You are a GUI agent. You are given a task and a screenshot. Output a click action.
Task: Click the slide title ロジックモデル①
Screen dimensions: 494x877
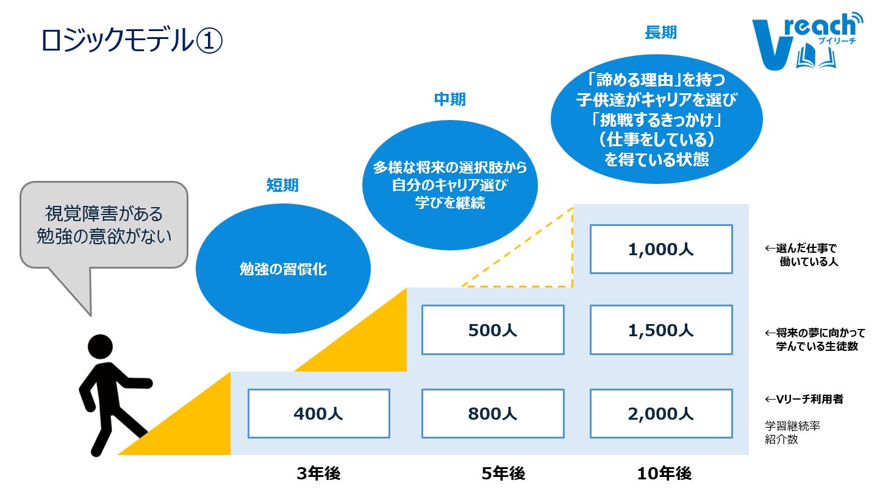[132, 41]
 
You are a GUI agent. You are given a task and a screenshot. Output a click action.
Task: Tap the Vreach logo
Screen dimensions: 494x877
[806, 42]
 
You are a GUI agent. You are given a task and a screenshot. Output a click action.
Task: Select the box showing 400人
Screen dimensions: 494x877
[318, 414]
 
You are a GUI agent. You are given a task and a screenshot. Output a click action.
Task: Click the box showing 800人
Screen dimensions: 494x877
[493, 414]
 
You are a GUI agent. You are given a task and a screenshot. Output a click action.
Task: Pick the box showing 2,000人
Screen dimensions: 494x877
[660, 414]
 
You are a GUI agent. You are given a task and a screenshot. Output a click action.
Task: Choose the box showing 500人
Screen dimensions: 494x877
[493, 330]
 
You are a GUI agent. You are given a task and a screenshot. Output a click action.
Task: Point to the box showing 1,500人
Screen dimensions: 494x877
[660, 330]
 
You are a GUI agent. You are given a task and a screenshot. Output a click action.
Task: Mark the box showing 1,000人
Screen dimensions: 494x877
[660, 249]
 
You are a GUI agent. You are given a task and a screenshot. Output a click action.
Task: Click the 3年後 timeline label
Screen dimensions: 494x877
[318, 473]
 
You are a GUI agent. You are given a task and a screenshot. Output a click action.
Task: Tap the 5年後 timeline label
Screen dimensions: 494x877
[503, 473]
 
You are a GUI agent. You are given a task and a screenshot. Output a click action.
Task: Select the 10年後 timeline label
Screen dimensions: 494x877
[664, 473]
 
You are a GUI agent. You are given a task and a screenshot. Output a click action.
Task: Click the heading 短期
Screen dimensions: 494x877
[282, 185]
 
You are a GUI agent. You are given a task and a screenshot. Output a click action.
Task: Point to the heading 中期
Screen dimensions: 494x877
[449, 99]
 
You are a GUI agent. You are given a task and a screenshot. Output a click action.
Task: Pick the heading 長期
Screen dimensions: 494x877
[660, 32]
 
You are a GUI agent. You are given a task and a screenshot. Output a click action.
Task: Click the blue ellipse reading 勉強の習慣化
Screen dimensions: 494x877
[282, 269]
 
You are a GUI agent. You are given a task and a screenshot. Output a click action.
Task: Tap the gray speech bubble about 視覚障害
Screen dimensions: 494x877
[104, 225]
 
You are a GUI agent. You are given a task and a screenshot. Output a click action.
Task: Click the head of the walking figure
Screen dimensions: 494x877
[100, 347]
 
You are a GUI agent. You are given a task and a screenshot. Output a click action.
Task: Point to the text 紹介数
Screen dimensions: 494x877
[781, 439]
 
